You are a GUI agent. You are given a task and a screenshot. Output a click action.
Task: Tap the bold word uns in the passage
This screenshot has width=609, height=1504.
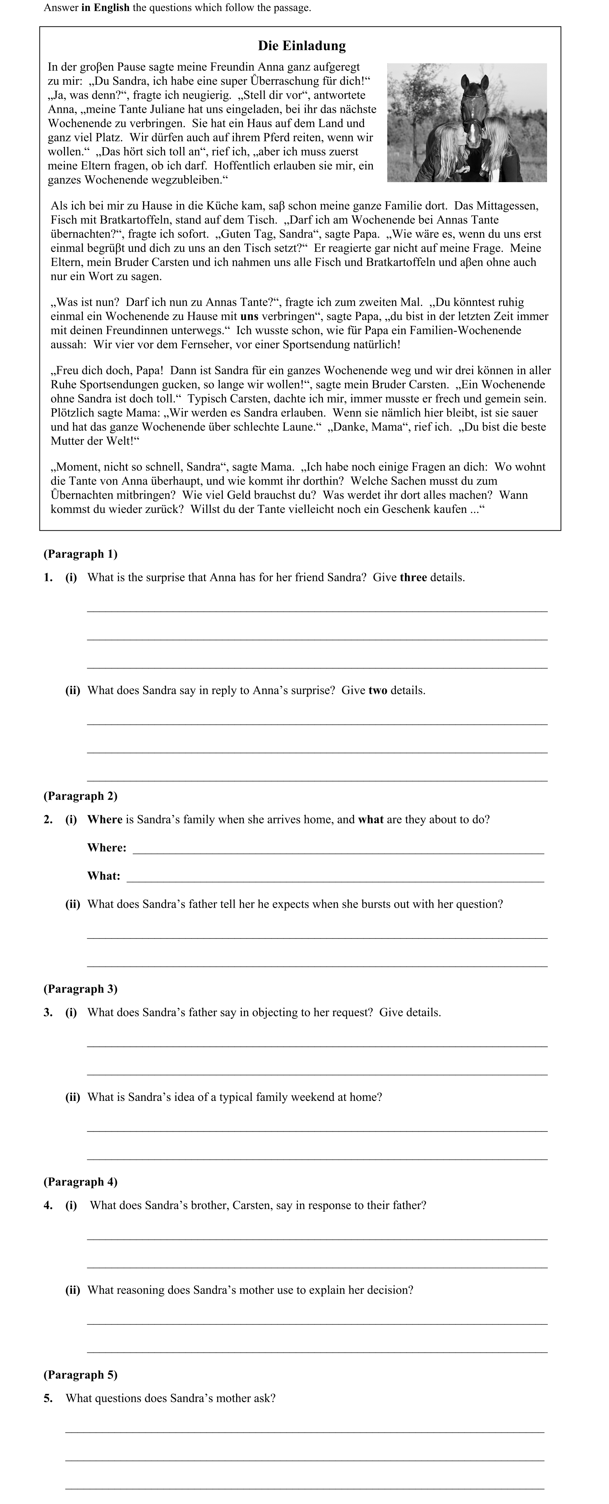(x=249, y=316)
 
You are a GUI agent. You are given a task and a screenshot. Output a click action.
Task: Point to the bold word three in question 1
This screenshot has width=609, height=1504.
(x=413, y=578)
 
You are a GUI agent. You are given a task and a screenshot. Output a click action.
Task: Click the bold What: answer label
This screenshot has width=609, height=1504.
(x=104, y=876)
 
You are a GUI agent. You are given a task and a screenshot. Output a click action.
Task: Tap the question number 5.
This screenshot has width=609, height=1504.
(x=48, y=1398)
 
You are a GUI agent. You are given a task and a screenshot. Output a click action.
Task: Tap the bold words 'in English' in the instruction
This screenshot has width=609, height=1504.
(x=105, y=8)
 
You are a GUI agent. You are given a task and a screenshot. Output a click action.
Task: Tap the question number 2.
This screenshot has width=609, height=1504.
(x=48, y=820)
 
